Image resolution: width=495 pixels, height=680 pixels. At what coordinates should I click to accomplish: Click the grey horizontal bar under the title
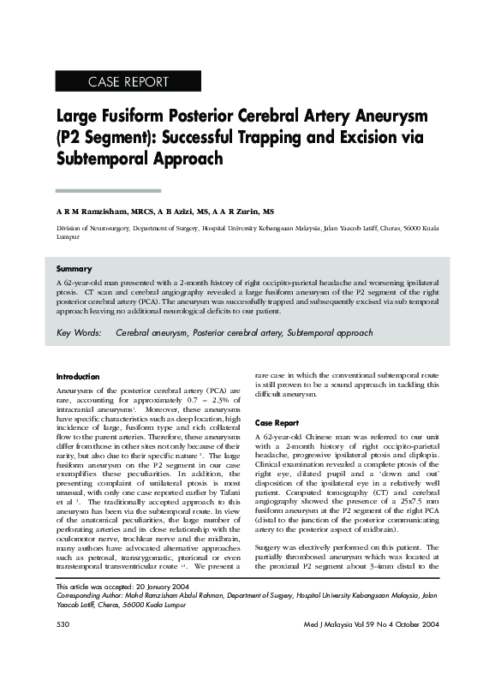(108, 190)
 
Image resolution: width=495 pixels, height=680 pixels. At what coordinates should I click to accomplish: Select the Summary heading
(74, 269)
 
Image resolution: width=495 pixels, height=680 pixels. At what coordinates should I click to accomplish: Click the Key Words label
(80, 332)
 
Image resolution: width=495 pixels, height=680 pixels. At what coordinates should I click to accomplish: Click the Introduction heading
(78, 377)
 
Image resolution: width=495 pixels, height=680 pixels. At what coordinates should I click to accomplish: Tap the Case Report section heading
(277, 423)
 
